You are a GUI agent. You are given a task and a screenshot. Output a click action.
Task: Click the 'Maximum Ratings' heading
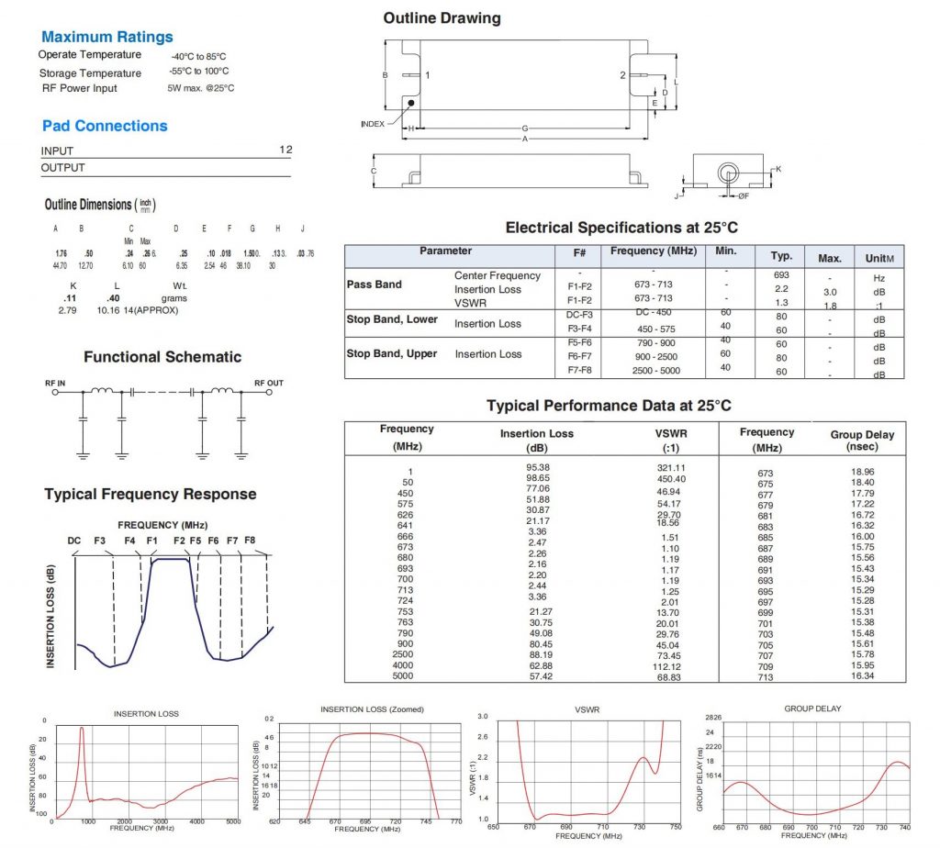pos(107,38)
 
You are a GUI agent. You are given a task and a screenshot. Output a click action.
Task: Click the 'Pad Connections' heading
pos(105,126)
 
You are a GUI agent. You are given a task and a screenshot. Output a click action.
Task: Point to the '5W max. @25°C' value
pos(201,88)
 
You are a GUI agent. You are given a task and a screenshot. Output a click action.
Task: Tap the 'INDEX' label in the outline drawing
pos(373,123)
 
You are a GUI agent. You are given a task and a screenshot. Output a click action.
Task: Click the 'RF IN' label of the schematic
pos(56,383)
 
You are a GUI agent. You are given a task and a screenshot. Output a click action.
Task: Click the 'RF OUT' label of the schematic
pos(269,383)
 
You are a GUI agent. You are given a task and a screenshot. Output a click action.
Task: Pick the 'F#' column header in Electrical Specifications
pos(579,251)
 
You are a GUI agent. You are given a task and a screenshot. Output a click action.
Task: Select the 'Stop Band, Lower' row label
pos(392,319)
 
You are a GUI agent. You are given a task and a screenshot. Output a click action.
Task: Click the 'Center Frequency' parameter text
pos(498,275)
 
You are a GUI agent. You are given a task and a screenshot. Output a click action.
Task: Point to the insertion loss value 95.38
pos(537,467)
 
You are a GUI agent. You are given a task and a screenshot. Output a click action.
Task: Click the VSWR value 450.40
pos(671,479)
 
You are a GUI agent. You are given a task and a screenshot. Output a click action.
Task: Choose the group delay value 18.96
pos(863,472)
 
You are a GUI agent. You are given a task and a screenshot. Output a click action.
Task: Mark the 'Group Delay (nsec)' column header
pos(862,441)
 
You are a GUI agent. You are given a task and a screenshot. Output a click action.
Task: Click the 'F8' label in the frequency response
pos(250,541)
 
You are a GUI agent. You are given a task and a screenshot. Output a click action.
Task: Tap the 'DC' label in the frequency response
pos(74,541)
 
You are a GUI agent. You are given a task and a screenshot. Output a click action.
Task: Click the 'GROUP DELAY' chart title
pos(812,709)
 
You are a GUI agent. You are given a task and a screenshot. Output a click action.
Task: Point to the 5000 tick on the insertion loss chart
pos(232,822)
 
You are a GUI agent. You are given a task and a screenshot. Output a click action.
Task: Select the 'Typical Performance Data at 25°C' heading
pos(609,406)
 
